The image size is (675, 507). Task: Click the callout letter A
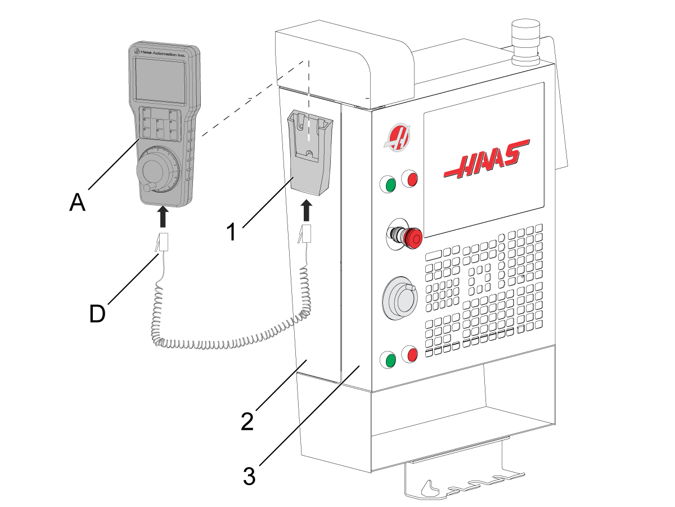pos(77,202)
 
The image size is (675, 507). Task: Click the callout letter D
pos(97,314)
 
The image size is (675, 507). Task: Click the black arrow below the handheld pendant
pos(163,216)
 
